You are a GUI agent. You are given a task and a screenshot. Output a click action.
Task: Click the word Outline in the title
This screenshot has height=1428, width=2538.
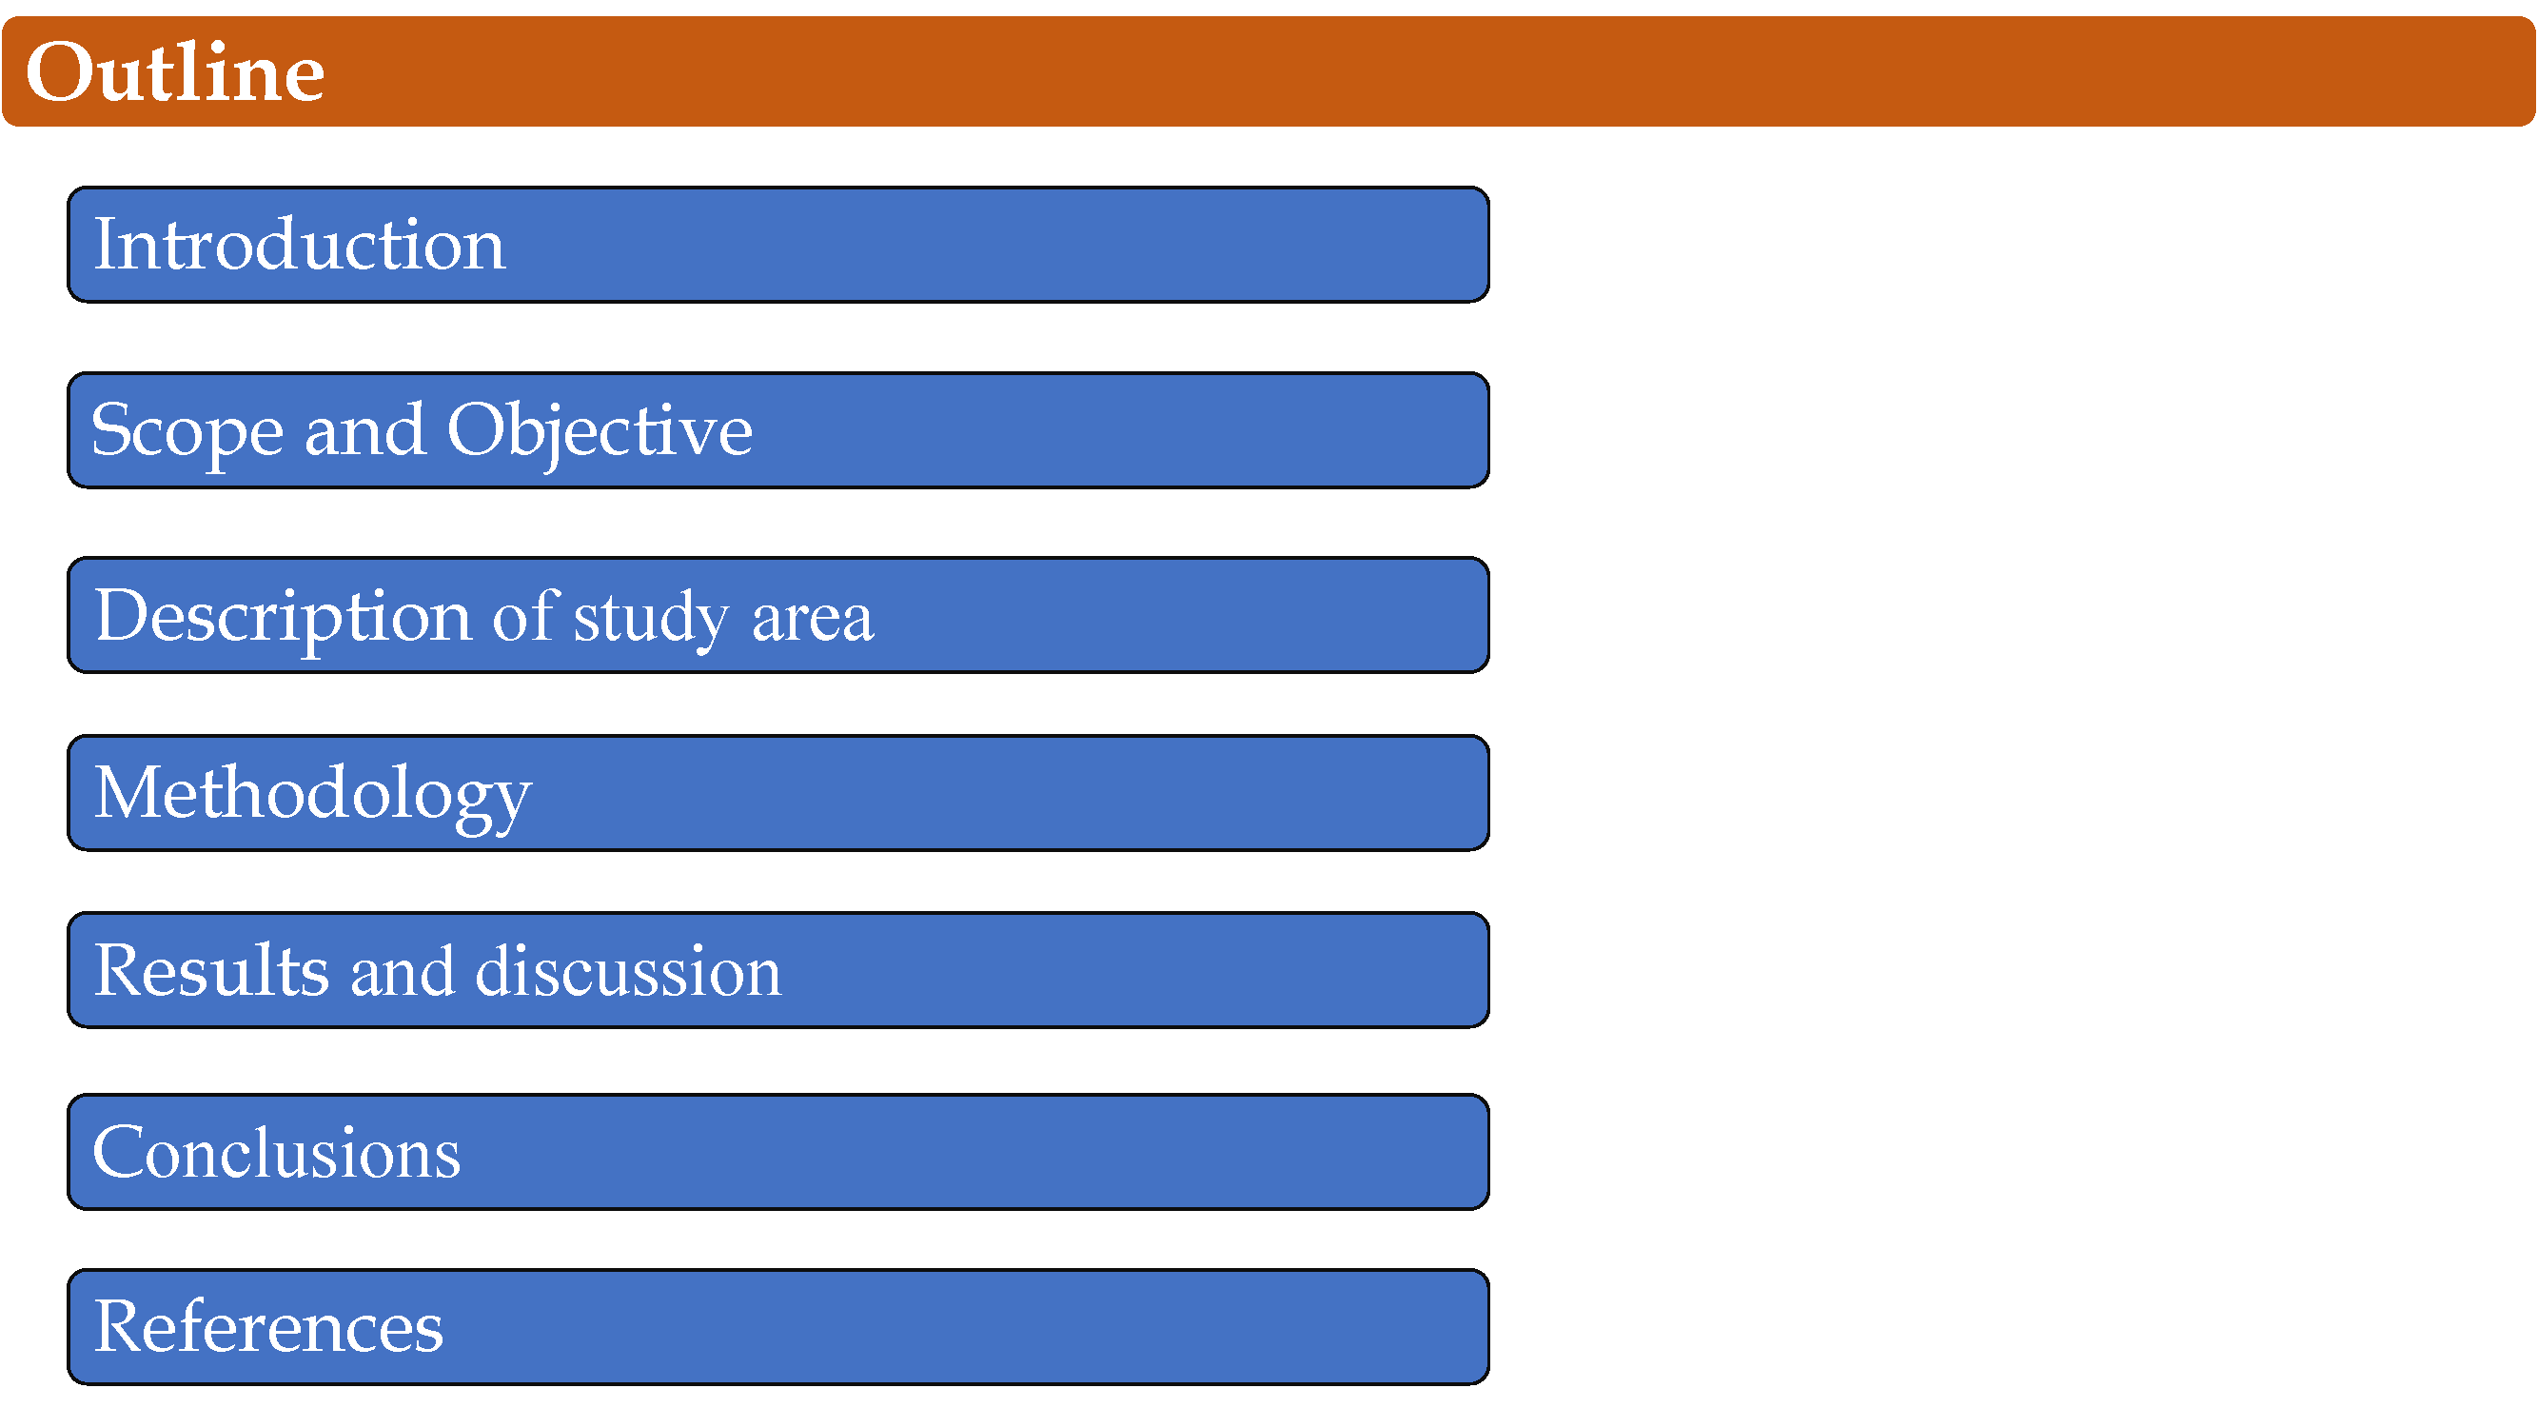[x=175, y=72]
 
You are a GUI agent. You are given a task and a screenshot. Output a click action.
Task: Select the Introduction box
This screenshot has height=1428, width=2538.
[x=778, y=245]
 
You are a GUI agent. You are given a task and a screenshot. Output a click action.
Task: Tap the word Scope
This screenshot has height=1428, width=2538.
[x=187, y=432]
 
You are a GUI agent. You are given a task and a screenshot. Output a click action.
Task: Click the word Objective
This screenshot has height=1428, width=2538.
[x=600, y=432]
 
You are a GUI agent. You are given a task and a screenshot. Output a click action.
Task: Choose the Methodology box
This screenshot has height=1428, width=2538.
[x=778, y=792]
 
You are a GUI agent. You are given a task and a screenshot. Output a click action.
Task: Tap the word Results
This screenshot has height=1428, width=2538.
[x=212, y=971]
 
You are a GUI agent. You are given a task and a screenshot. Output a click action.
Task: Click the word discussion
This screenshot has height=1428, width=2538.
[x=629, y=971]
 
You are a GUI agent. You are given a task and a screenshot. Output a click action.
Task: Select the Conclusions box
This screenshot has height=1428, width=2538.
[x=778, y=1152]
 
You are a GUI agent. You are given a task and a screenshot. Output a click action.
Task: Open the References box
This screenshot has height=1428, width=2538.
[x=778, y=1326]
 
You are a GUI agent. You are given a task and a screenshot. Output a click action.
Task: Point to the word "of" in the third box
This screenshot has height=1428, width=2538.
[x=524, y=616]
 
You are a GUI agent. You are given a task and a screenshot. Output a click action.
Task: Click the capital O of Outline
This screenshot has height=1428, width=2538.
[x=61, y=73]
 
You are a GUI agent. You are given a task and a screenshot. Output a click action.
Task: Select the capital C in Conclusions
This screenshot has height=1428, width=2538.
[x=121, y=1152]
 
